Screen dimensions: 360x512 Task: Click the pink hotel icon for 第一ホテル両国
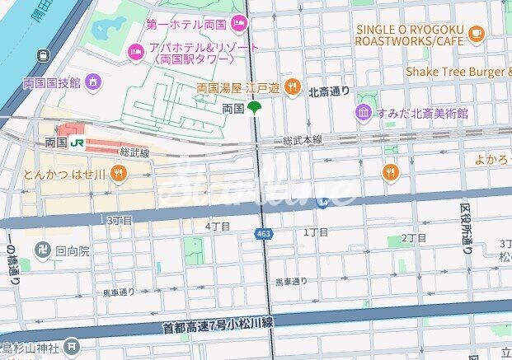[x=239, y=22]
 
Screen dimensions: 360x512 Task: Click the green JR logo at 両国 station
[x=77, y=143]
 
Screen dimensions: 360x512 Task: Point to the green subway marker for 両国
[x=256, y=108]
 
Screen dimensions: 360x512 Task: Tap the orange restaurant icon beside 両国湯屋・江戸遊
[x=291, y=86]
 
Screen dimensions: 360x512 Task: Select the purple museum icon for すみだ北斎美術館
[x=363, y=112]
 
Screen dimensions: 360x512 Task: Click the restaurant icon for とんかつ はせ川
[x=119, y=173]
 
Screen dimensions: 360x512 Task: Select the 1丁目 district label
[x=316, y=232]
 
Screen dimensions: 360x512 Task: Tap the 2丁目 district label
[x=413, y=238]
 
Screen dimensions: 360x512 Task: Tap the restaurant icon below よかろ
[x=392, y=172]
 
